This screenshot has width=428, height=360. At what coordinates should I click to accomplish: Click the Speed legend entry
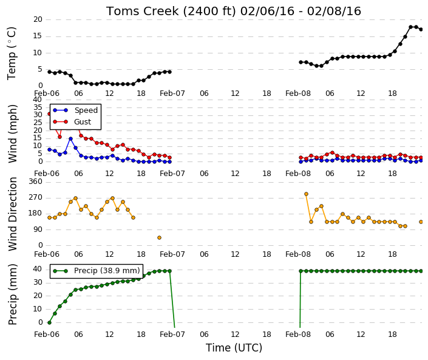click(x=75, y=110)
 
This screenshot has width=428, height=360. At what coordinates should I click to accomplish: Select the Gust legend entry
click(x=72, y=122)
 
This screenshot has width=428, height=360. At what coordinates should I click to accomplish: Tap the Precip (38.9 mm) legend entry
click(x=96, y=271)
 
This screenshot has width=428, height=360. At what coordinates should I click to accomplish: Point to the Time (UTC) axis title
click(x=234, y=348)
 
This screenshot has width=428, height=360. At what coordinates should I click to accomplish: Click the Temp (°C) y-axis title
click(x=12, y=53)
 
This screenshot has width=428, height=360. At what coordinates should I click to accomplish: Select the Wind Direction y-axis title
click(x=12, y=214)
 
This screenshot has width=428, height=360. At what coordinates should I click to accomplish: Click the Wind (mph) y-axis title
click(x=12, y=134)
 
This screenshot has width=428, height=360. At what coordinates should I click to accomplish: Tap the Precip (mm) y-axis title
click(x=12, y=294)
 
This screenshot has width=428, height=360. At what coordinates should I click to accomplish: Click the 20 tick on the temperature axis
click(x=38, y=19)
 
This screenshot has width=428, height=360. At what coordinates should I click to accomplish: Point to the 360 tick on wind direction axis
click(x=35, y=182)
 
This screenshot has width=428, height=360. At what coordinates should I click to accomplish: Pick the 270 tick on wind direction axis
click(x=35, y=197)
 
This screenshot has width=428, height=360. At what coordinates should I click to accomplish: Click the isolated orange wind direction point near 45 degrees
click(x=160, y=238)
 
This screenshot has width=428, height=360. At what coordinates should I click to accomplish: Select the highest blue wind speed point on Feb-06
click(x=70, y=139)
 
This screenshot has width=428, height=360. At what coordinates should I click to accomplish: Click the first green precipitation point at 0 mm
click(x=49, y=322)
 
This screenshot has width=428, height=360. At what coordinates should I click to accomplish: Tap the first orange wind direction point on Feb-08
click(x=306, y=194)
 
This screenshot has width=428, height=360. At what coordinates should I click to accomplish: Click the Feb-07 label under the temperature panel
click(x=172, y=93)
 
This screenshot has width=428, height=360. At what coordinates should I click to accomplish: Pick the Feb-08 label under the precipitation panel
click(x=298, y=335)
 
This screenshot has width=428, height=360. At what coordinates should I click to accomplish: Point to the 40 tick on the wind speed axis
click(x=38, y=100)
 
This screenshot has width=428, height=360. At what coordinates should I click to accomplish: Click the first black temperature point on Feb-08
click(x=301, y=63)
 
